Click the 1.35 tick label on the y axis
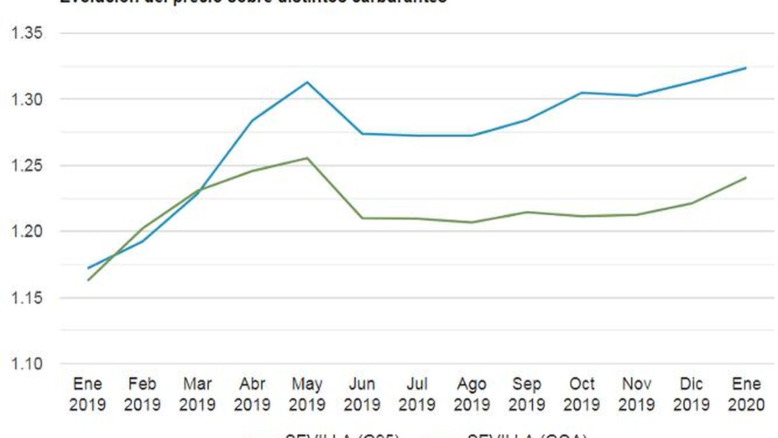[27, 33]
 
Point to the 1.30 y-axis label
[27, 99]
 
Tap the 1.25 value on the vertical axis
[27, 165]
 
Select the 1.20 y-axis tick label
[27, 231]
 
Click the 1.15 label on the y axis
[27, 297]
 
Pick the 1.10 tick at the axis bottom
[27, 364]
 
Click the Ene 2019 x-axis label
[88, 394]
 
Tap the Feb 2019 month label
[142, 394]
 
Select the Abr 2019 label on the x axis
[252, 394]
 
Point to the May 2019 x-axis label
[307, 394]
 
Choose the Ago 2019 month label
[472, 394]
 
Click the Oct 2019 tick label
[582, 394]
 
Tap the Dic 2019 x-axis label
[691, 394]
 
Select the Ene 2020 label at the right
[746, 394]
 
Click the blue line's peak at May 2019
[307, 82]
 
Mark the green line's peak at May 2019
[307, 158]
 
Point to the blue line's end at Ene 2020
[746, 68]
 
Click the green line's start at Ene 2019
[88, 280]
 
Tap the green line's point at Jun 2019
[362, 218]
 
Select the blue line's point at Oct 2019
[582, 92]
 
